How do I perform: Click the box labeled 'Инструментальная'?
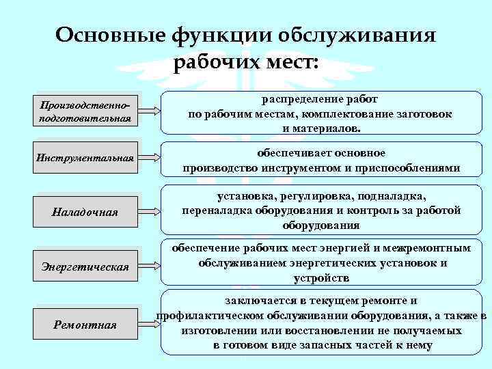pyautogui.click(x=85, y=159)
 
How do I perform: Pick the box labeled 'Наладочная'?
pyautogui.click(x=85, y=213)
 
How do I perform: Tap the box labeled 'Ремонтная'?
pyautogui.click(x=85, y=324)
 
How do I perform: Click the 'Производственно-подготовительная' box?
pyautogui.click(x=85, y=111)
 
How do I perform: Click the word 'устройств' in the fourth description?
pyautogui.click(x=322, y=278)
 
